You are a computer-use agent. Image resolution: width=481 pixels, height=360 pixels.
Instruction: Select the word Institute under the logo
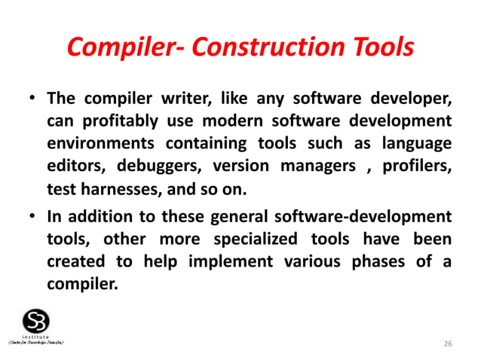[35, 336]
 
